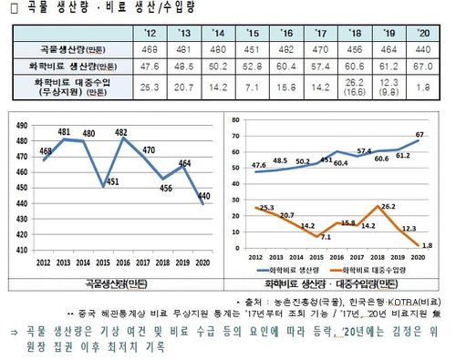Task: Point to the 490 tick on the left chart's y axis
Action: point(21,124)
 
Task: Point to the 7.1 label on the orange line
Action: point(325,237)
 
